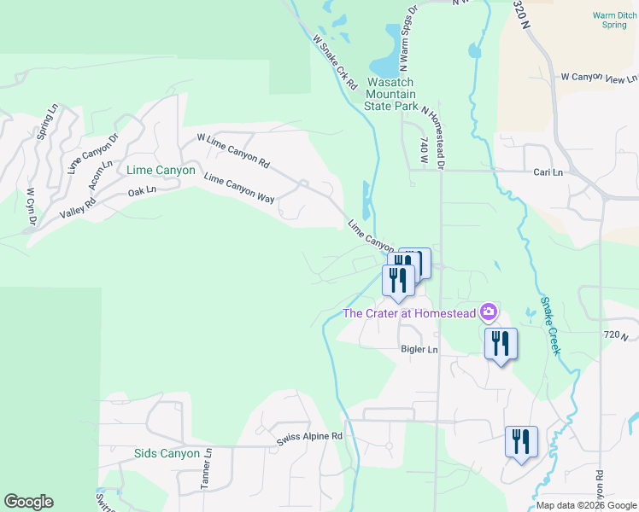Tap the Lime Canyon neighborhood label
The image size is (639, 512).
click(161, 171)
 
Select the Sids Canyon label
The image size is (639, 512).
click(167, 453)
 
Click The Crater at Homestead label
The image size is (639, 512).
click(409, 313)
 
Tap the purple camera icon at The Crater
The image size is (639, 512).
click(489, 312)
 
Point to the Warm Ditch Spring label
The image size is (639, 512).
click(613, 20)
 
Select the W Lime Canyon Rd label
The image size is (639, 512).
click(232, 149)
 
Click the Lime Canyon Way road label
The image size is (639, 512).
click(239, 189)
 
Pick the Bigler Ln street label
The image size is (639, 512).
click(419, 350)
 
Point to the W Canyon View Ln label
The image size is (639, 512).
click(599, 77)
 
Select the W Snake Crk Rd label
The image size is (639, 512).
click(334, 57)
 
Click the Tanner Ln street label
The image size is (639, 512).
click(206, 474)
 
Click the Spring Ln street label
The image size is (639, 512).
click(45, 124)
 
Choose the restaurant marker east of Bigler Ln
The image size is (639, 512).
click(500, 344)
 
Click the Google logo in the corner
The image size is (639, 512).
click(28, 502)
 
